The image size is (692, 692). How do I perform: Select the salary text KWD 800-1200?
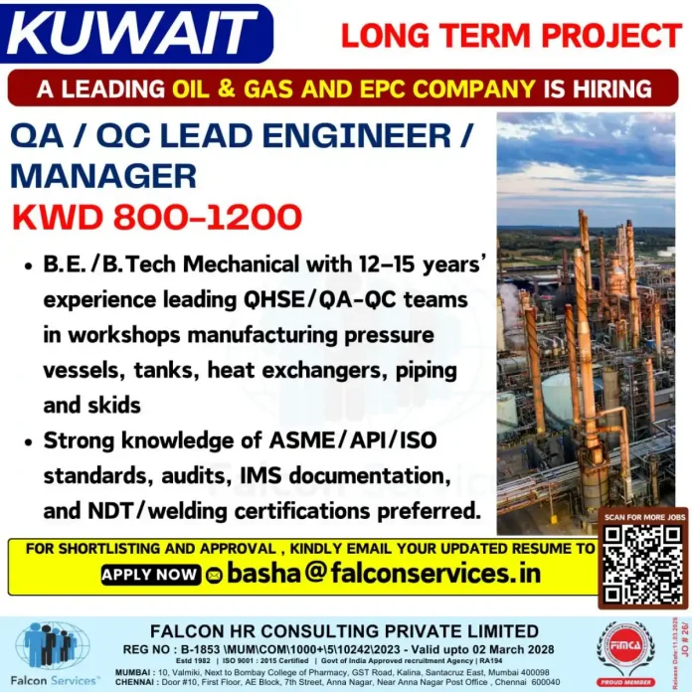point(156,216)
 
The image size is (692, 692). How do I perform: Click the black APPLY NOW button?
point(150,574)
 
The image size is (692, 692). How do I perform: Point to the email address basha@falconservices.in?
point(383,573)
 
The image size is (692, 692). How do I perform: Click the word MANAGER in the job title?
point(103,175)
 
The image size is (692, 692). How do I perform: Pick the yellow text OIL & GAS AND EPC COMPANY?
point(354,88)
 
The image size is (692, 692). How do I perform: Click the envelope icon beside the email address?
point(214,575)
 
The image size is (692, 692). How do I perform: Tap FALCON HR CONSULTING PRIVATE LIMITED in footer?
point(344,631)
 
